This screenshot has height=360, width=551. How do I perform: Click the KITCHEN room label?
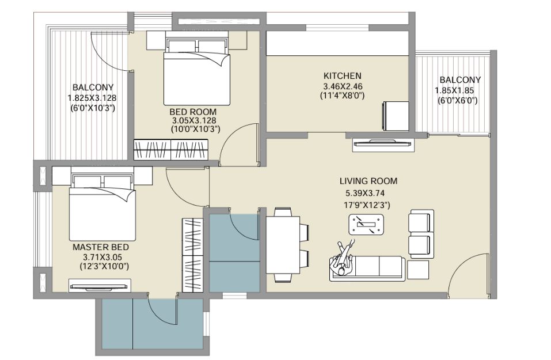tap(342, 75)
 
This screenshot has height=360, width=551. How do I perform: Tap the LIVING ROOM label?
tap(368, 181)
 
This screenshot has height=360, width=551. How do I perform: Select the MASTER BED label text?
tap(101, 247)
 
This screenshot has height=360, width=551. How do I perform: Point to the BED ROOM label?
tap(193, 112)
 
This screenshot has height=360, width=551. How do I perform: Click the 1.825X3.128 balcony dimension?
tap(92, 98)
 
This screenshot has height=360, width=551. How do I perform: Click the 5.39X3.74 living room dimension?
tap(365, 193)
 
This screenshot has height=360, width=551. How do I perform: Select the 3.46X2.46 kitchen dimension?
tap(343, 86)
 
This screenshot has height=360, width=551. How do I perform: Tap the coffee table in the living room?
tap(366, 224)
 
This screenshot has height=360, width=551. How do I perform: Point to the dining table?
tap(283, 245)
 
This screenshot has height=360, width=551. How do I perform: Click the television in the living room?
tap(383, 143)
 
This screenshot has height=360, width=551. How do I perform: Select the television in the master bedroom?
tap(100, 286)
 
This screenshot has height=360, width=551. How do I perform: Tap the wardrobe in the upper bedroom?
tap(171, 150)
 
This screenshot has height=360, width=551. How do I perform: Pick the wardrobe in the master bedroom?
tap(192, 255)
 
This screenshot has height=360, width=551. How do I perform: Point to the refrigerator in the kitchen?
tap(396, 116)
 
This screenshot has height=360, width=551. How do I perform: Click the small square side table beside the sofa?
tap(418, 270)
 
